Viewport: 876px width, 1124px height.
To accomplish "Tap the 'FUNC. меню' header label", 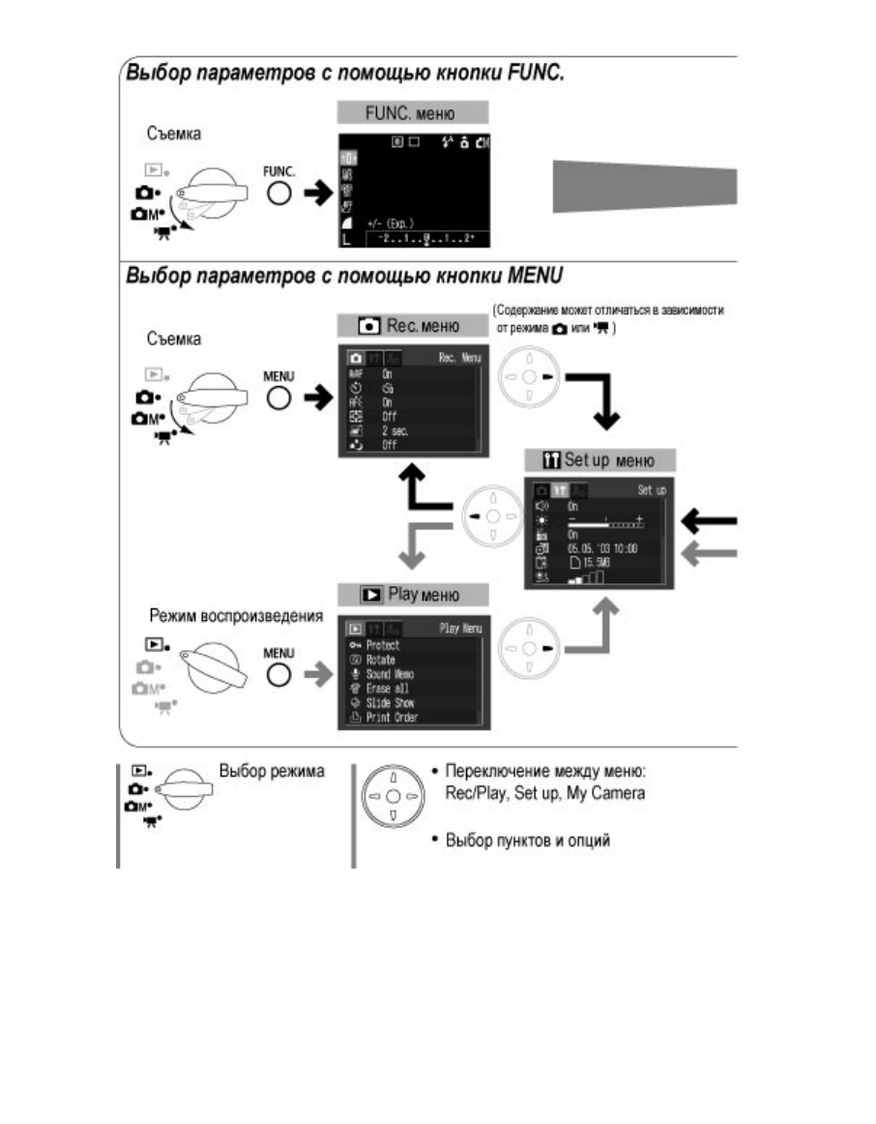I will (412, 112).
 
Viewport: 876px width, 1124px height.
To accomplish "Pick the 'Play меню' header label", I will (412, 594).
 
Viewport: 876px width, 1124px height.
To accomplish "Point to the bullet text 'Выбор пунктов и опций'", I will (528, 840).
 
